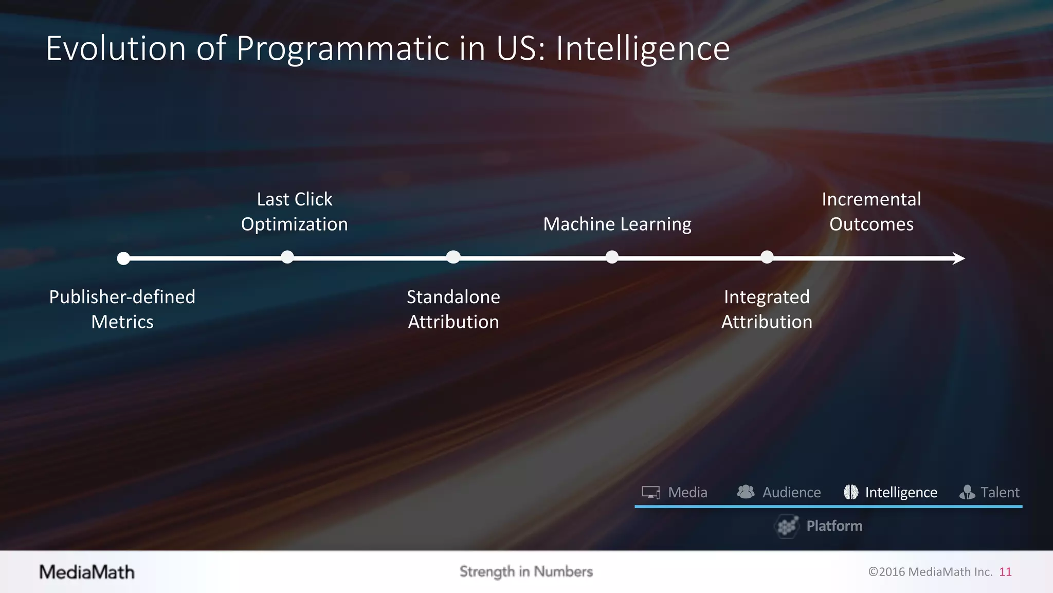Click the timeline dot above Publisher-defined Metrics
(123, 258)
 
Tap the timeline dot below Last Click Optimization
(287, 257)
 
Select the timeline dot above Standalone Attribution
(453, 257)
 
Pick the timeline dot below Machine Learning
(612, 257)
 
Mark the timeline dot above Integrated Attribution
(767, 257)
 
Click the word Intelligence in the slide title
(643, 49)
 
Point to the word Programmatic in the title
(343, 49)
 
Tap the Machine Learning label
(617, 224)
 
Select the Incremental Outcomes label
(872, 212)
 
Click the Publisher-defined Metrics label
(122, 309)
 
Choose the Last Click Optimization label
(295, 212)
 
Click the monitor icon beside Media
(651, 493)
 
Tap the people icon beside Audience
(746, 492)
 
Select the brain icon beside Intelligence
(851, 492)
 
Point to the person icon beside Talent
(967, 493)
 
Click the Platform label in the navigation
(834, 526)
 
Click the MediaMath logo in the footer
(87, 572)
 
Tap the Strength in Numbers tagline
(526, 571)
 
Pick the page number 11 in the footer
(1005, 572)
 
